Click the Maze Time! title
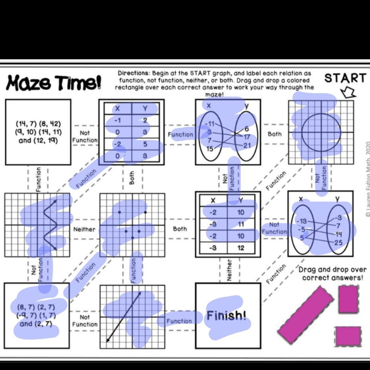coord(53,83)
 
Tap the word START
coord(345,78)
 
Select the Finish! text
coord(226,315)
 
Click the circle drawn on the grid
coord(321,132)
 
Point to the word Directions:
coord(133,73)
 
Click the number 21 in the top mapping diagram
coord(247,145)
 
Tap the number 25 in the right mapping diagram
coord(338,243)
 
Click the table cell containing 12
coord(241,248)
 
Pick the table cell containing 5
coord(145,144)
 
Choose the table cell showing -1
coord(118,120)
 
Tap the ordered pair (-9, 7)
coord(26,315)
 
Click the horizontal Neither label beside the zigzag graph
coord(84,229)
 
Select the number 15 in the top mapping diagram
coord(210,149)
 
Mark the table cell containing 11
coord(241,224)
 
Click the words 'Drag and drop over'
coord(332,270)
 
